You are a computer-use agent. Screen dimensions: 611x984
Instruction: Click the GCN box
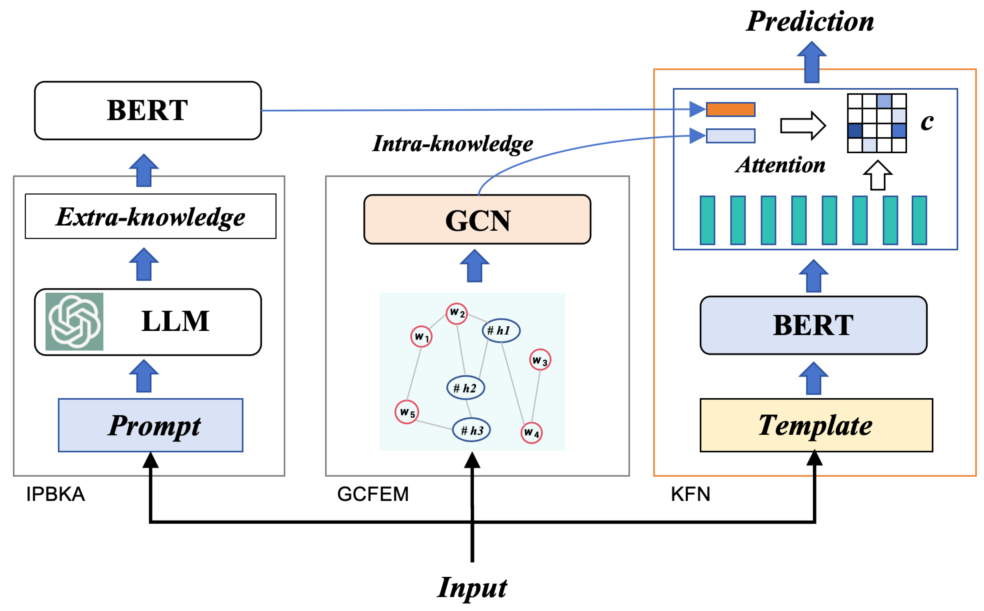pyautogui.click(x=477, y=219)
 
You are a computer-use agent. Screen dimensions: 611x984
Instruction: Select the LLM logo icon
pyautogui.click(x=74, y=322)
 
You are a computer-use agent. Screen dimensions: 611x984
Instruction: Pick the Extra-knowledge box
pyautogui.click(x=151, y=217)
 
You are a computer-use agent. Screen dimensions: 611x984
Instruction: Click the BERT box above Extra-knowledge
pyautogui.click(x=148, y=110)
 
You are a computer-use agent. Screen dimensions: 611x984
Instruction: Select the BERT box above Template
pyautogui.click(x=813, y=325)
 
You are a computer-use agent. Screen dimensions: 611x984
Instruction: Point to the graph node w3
pyautogui.click(x=540, y=360)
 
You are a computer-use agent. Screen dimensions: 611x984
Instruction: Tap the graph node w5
pyautogui.click(x=407, y=412)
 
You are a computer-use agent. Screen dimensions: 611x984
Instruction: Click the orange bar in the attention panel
pyautogui.click(x=730, y=109)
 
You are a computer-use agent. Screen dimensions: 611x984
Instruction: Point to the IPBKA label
pyautogui.click(x=55, y=494)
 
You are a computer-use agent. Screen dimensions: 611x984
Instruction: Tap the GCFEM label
pyautogui.click(x=373, y=494)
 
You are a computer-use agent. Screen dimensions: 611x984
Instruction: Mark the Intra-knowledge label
pyautogui.click(x=453, y=143)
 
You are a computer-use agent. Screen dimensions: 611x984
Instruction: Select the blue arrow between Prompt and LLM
pyautogui.click(x=144, y=377)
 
